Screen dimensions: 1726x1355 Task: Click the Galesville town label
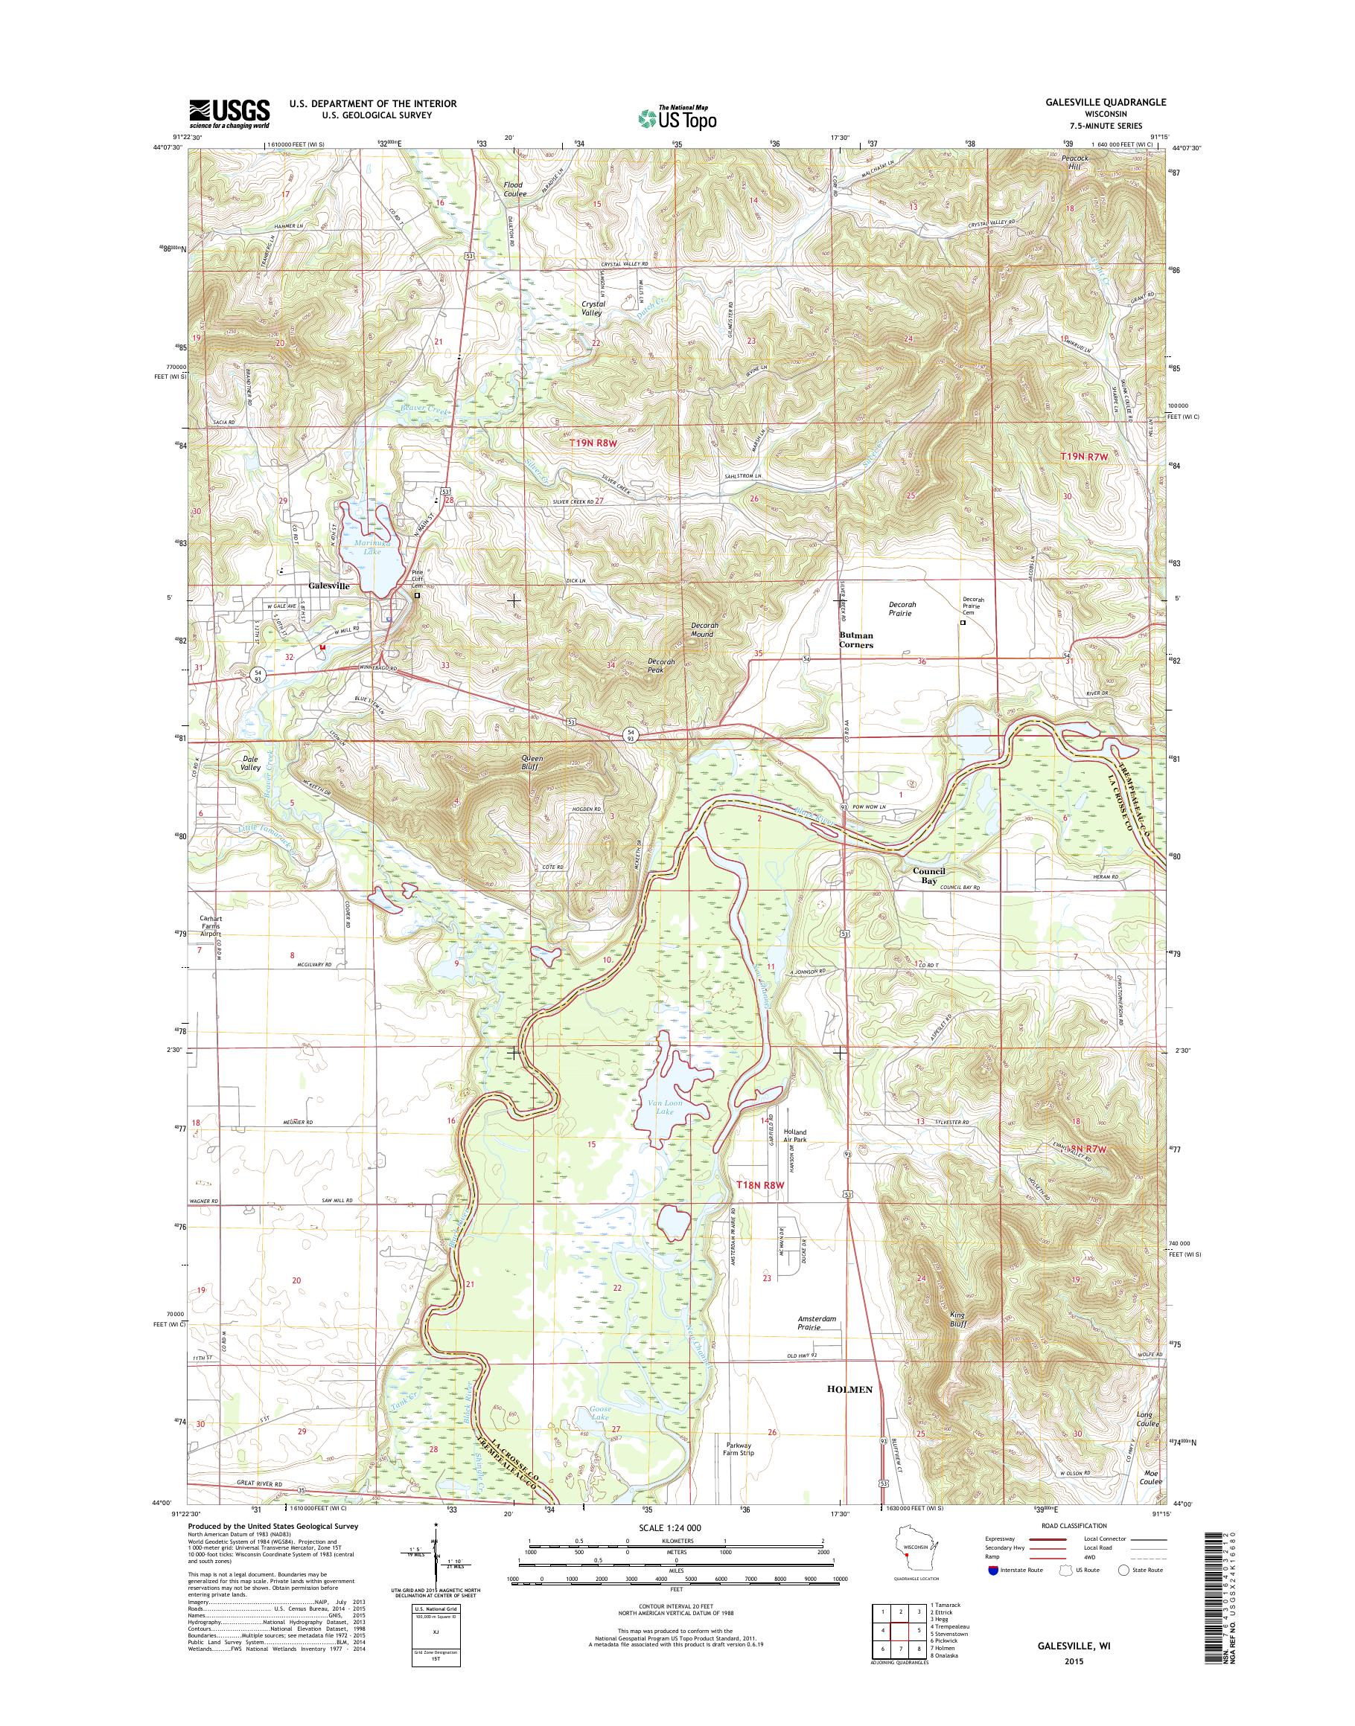pyautogui.click(x=328, y=586)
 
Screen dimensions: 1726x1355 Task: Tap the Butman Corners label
pyautogui.click(x=856, y=641)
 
